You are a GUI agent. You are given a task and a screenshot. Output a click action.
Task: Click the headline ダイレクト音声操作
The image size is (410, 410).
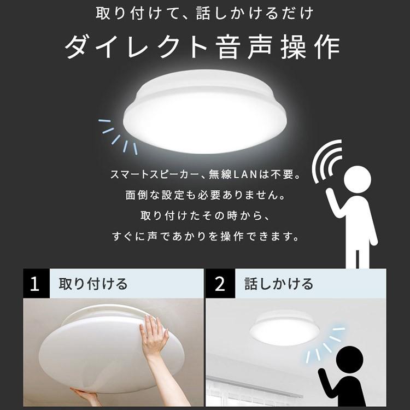pyautogui.click(x=202, y=48)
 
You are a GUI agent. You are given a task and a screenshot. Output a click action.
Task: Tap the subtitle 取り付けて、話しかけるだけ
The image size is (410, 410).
pyautogui.click(x=204, y=13)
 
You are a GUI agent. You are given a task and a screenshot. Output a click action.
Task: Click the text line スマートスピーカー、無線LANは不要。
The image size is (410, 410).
pyautogui.click(x=205, y=176)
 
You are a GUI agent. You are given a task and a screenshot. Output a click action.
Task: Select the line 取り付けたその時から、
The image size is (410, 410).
pyautogui.click(x=204, y=216)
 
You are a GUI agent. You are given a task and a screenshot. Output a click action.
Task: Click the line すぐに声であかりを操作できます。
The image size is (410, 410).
pyautogui.click(x=204, y=237)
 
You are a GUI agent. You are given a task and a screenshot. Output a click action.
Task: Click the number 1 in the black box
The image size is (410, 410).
pyautogui.click(x=35, y=284)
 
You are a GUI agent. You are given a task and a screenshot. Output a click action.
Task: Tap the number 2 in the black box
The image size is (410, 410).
pyautogui.click(x=220, y=284)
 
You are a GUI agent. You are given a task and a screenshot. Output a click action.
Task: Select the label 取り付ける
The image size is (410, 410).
pyautogui.click(x=93, y=284)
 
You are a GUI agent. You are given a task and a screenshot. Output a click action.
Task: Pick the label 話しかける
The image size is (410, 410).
pyautogui.click(x=279, y=284)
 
